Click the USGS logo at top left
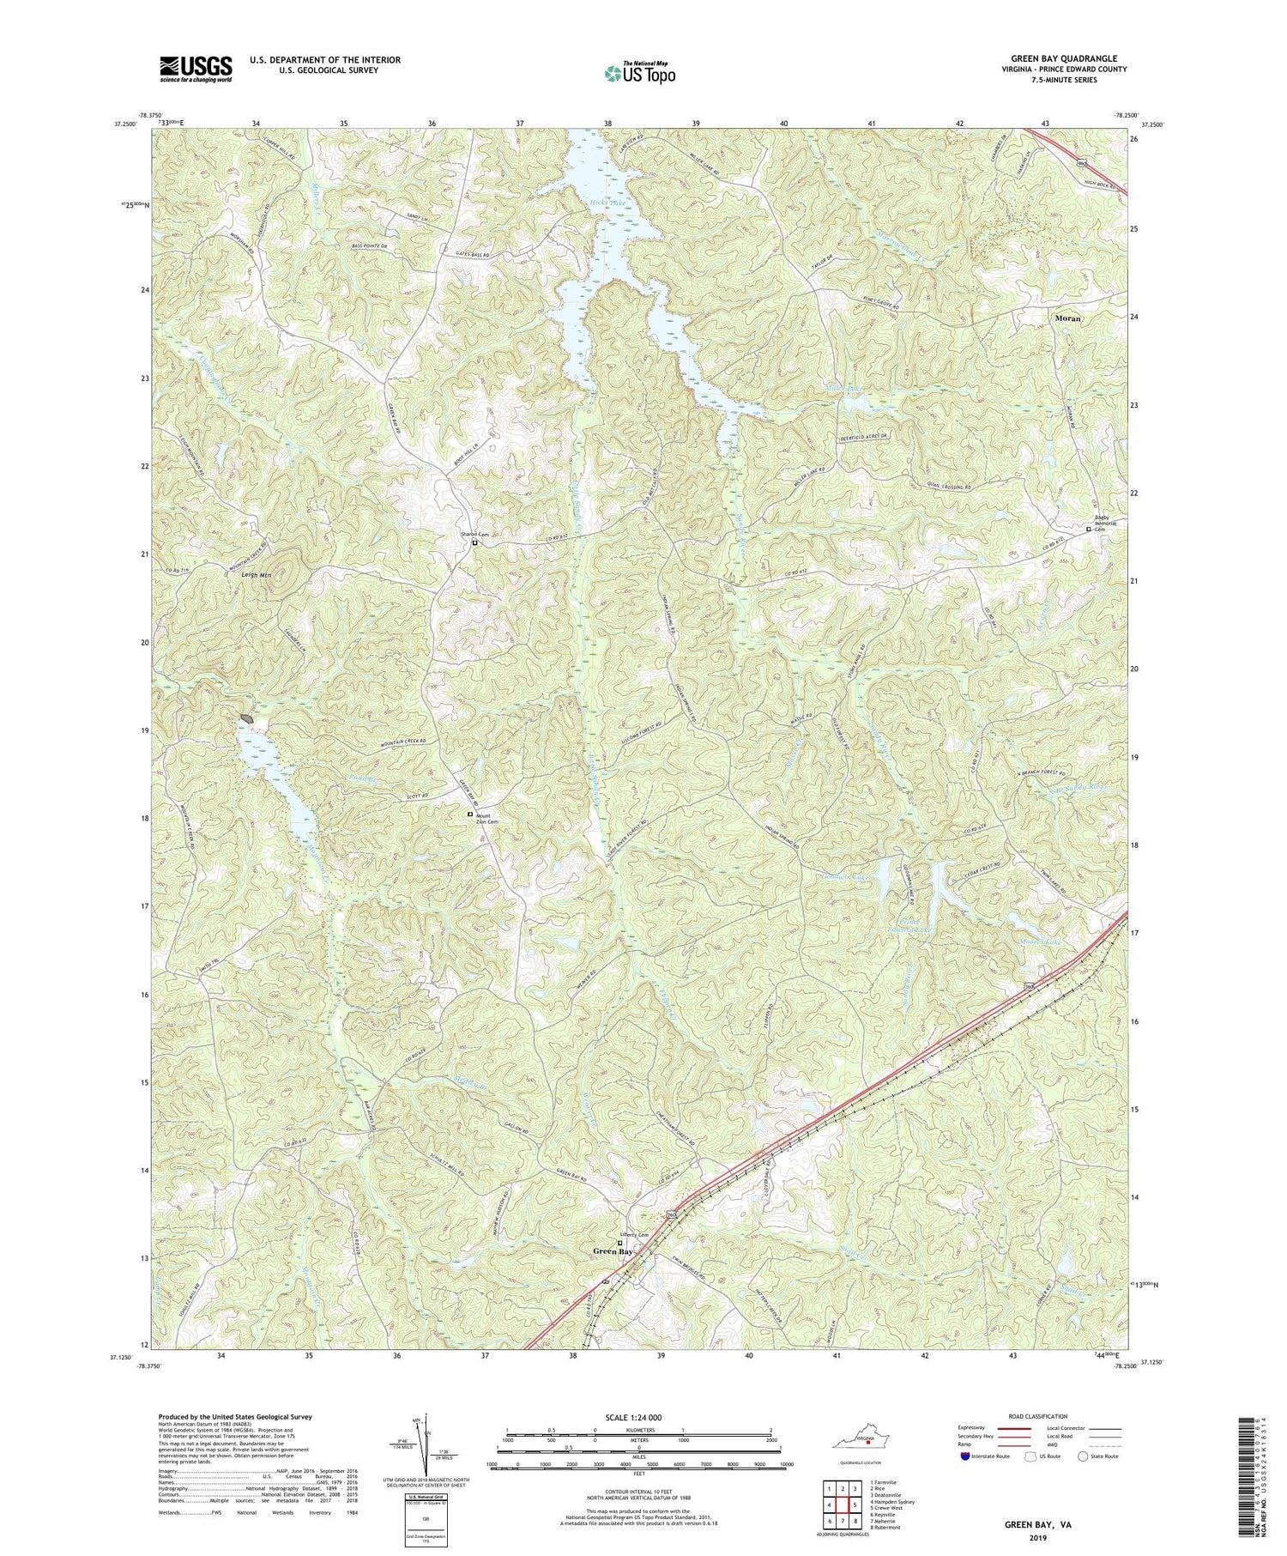pyautogui.click(x=195, y=69)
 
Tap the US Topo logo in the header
pyautogui.click(x=638, y=73)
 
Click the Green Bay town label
pyautogui.click(x=613, y=1252)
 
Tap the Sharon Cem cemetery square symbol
pyautogui.click(x=474, y=542)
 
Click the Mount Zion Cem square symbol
pyautogui.click(x=469, y=814)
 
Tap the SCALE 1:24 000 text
pyautogui.click(x=634, y=1417)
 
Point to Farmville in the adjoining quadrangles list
pyautogui.click(x=885, y=1482)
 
